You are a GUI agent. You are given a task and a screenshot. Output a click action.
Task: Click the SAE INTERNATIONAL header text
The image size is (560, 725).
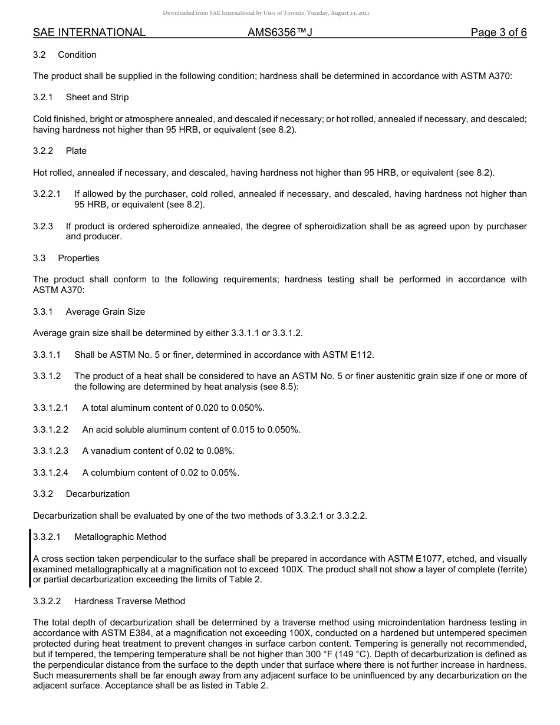coord(89,32)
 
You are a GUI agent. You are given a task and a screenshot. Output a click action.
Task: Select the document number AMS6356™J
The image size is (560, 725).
coord(279,32)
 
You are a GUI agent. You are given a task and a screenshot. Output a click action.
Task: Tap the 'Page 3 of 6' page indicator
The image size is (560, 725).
coord(498,32)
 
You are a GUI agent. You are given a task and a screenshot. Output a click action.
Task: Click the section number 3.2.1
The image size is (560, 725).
coord(43,97)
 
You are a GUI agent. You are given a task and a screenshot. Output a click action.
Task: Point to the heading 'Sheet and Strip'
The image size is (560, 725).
coord(97,97)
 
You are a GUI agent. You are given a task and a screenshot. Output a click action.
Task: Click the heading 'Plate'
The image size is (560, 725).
coord(76,151)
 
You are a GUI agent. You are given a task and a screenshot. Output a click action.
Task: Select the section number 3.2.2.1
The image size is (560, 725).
coord(47,194)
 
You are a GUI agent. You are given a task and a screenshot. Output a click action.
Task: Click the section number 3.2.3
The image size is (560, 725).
coord(43,226)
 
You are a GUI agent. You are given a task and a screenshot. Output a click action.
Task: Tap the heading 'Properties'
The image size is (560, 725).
coord(78,258)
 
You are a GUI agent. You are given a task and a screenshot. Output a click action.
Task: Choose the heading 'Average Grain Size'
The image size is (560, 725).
coord(105,312)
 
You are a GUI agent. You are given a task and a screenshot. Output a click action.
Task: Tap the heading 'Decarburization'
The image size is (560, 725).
coord(97,494)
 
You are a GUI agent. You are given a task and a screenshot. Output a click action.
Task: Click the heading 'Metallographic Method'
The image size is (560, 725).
coord(120,537)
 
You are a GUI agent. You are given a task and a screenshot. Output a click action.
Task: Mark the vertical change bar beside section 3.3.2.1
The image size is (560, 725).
coord(30,558)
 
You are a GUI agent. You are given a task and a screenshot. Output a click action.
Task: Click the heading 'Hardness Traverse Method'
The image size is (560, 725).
coord(129,601)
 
